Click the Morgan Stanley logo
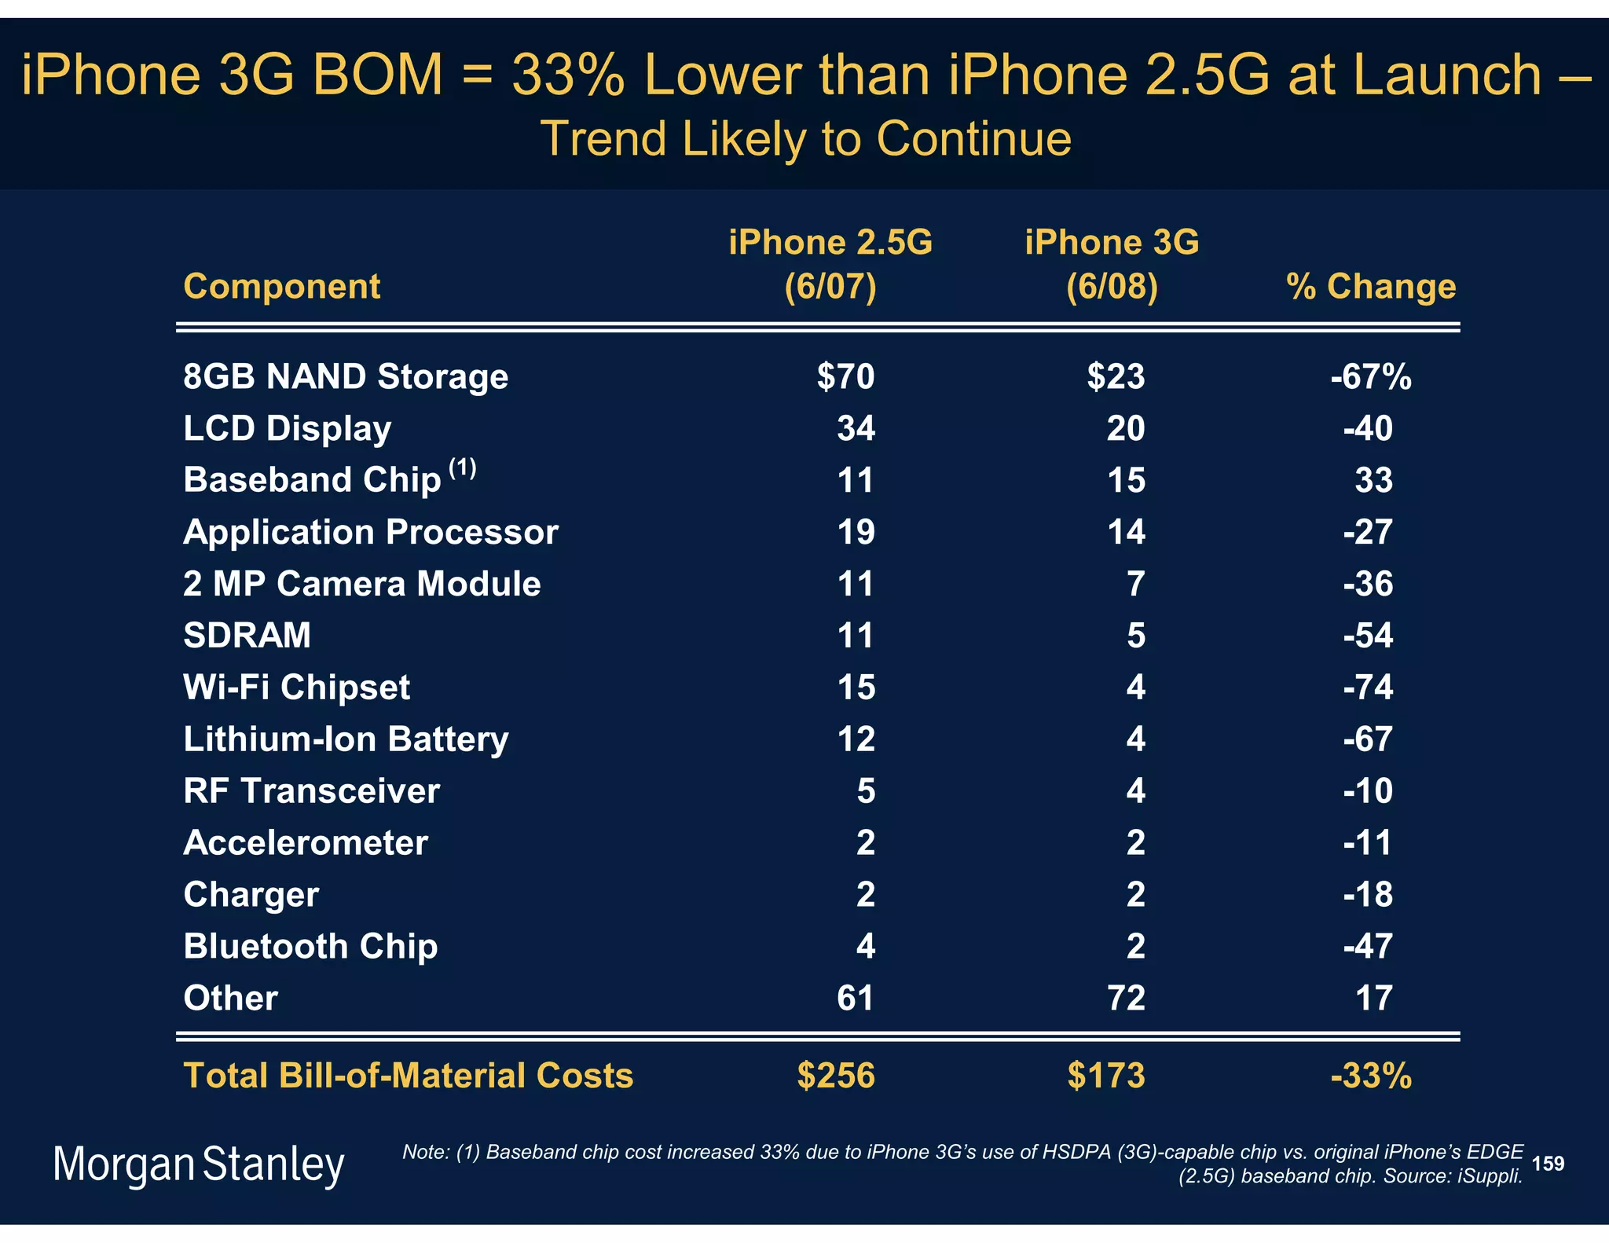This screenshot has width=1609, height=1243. click(x=198, y=1165)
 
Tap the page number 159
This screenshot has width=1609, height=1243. click(x=1548, y=1164)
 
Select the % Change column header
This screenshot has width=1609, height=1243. click(x=1371, y=286)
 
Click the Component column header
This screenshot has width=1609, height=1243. click(x=281, y=286)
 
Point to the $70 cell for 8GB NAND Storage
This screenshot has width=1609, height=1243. click(x=845, y=376)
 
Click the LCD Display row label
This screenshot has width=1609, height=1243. click(x=287, y=428)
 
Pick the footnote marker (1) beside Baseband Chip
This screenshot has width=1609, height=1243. click(x=462, y=468)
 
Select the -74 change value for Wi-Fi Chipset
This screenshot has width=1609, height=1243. click(x=1368, y=687)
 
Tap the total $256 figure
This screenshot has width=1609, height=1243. click(x=835, y=1075)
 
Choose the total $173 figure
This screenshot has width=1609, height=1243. click(x=1105, y=1075)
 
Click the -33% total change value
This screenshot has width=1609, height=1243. click(x=1371, y=1075)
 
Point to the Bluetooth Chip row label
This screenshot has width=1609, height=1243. click(x=310, y=946)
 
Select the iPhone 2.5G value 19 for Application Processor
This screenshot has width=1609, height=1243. click(x=856, y=532)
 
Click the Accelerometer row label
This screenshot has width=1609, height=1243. click(x=306, y=842)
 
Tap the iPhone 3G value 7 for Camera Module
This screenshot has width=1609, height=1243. click(x=1135, y=584)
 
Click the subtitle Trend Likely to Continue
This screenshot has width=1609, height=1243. click(x=805, y=139)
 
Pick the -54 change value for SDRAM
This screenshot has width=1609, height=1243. click(x=1368, y=635)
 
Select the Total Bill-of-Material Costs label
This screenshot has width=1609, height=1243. click(x=408, y=1075)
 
